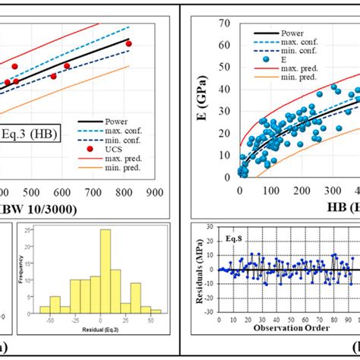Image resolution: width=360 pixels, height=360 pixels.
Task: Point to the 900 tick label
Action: coord(156,193)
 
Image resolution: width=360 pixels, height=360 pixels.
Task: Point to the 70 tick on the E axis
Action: coord(225,23)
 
